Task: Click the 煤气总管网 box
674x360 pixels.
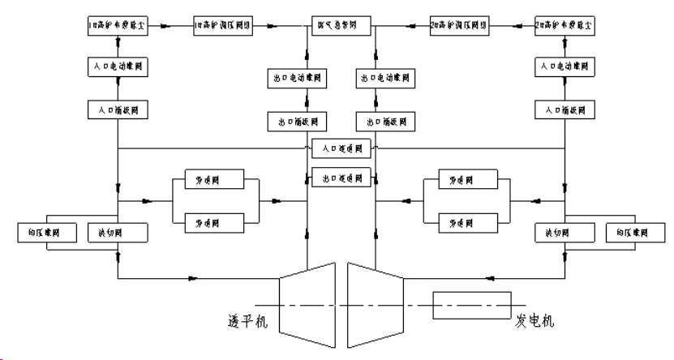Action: (341, 26)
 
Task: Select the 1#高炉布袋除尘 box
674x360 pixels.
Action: (118, 26)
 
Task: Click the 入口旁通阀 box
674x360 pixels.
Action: (341, 148)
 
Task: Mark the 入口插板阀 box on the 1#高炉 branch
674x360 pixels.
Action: (118, 108)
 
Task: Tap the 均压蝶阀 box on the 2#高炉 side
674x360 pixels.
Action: (634, 234)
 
